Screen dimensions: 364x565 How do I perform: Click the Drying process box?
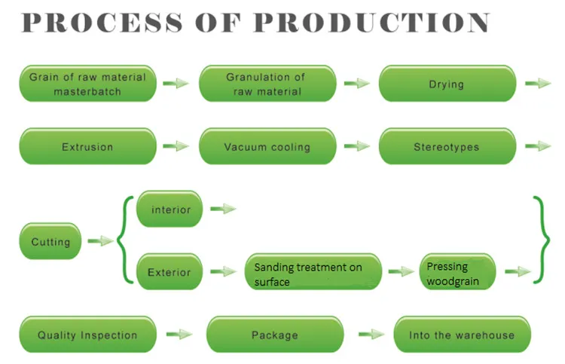point(447,84)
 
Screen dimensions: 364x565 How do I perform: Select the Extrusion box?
point(87,147)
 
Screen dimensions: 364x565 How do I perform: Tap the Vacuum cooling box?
point(267,147)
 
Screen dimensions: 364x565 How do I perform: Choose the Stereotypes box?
point(447,147)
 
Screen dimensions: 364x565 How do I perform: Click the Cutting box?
point(50,242)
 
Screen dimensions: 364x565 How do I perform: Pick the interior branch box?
point(169,209)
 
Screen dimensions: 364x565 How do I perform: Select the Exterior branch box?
point(169,271)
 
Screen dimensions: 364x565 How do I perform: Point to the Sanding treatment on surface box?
point(313,273)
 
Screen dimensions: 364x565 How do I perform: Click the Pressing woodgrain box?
point(457,273)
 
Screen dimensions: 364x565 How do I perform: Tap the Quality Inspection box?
point(87,335)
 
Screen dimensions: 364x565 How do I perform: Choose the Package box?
point(274,335)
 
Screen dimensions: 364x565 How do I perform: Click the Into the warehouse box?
point(462,335)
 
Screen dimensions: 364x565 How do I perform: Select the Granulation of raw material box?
point(267,84)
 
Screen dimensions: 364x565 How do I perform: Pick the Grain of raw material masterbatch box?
point(87,84)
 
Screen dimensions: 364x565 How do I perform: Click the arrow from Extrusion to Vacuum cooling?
point(176,146)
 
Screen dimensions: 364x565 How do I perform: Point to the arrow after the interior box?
point(223,209)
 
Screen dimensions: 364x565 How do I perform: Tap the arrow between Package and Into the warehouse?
point(371,334)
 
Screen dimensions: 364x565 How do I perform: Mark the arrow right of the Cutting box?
point(99,241)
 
